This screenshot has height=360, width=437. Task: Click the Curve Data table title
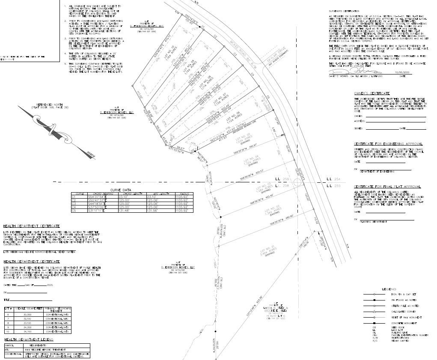click(x=121, y=190)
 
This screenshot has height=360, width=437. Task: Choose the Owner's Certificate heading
click(x=372, y=93)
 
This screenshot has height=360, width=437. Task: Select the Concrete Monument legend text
click(x=404, y=323)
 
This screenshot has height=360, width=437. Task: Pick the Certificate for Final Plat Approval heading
click(x=387, y=187)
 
